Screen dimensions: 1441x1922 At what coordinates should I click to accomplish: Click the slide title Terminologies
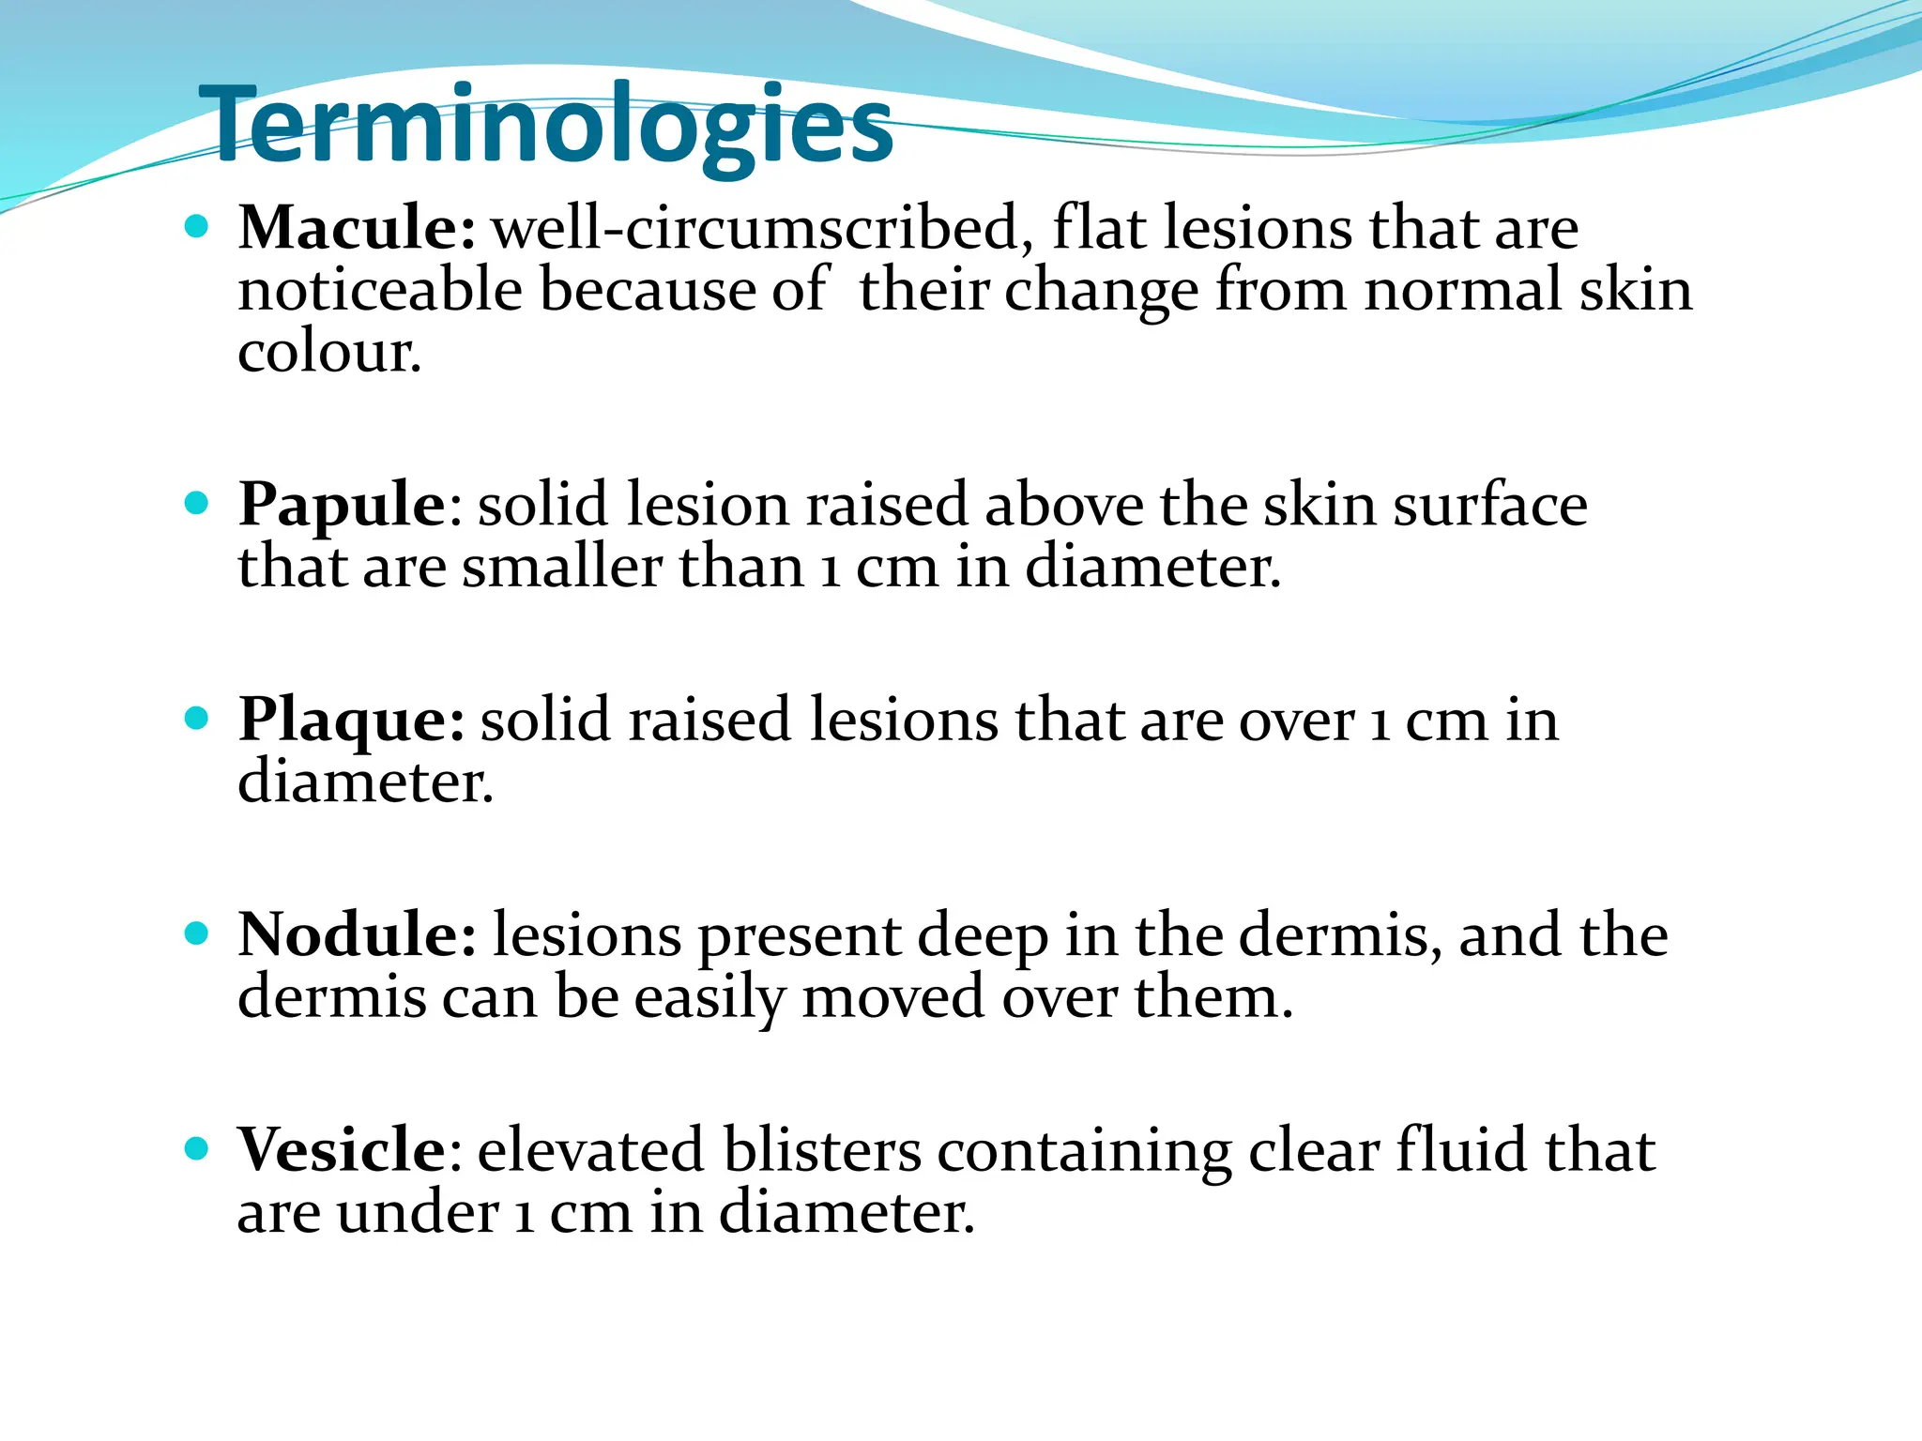[546, 126]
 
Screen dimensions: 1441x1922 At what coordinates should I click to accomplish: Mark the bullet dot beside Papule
[196, 504]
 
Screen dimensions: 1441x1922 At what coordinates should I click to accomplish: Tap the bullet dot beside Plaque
[196, 720]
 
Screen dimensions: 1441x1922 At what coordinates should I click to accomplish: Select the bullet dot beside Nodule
[196, 933]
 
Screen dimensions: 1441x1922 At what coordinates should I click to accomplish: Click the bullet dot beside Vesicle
[196, 1148]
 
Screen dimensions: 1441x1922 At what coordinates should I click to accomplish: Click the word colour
[329, 353]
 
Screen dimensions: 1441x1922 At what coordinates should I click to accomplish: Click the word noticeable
[380, 290]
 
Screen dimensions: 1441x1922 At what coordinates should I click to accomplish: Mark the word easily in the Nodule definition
[709, 996]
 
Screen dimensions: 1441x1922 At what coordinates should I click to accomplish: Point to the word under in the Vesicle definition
[418, 1212]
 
